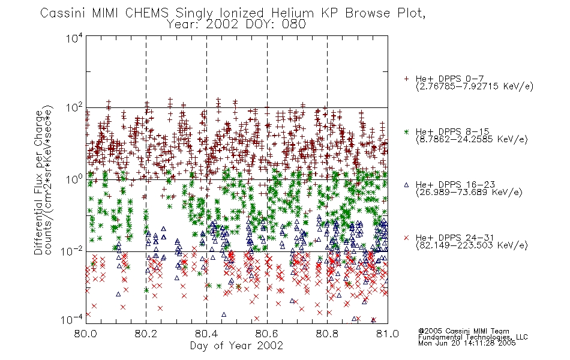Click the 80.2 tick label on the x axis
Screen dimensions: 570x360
click(146, 334)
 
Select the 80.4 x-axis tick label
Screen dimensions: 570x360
click(206, 334)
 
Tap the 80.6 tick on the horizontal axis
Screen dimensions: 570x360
click(267, 334)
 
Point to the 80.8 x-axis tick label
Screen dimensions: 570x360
click(327, 334)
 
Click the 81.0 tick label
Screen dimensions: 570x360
click(388, 334)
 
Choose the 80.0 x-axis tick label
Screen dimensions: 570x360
click(85, 334)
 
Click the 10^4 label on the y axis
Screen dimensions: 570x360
click(74, 38)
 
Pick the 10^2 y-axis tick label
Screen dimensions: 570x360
click(74, 107)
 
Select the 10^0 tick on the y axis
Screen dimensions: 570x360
click(74, 179)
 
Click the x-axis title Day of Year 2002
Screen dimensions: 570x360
click(236, 346)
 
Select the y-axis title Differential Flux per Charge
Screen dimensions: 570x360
click(39, 182)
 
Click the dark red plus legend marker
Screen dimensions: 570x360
click(406, 79)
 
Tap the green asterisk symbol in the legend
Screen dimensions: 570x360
click(406, 131)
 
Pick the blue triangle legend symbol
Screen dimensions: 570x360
click(406, 185)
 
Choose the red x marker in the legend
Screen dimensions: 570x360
click(406, 238)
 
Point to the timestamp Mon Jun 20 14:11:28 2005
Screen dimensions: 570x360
click(467, 343)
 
